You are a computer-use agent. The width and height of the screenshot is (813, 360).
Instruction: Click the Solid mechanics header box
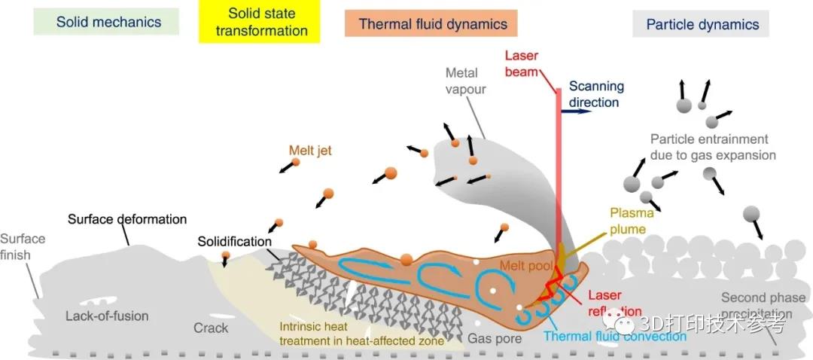108,22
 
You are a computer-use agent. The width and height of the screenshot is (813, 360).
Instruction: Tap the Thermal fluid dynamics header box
433,23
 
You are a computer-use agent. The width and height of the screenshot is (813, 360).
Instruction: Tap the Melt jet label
310,151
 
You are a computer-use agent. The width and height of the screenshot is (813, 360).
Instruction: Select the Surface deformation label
127,219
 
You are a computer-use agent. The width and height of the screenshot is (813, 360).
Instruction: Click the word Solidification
234,242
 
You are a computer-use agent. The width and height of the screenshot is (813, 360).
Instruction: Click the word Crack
211,328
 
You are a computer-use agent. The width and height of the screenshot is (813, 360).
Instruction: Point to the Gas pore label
495,338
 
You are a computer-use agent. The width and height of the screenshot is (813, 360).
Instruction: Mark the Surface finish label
23,247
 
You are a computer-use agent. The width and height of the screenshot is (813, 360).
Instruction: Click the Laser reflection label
614,303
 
